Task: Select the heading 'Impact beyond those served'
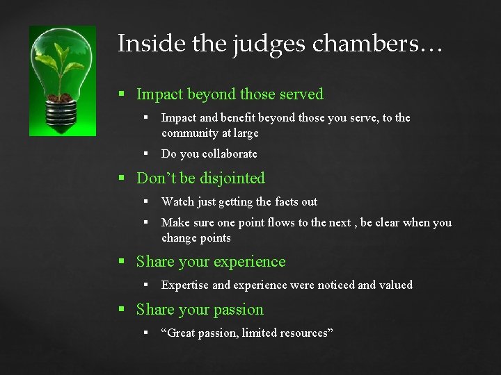230,94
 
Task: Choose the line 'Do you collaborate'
209,153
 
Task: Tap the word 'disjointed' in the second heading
232,178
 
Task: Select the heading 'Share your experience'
211,262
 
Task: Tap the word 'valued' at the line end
395,285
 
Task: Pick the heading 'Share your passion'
200,310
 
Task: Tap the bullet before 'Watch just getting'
148,202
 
